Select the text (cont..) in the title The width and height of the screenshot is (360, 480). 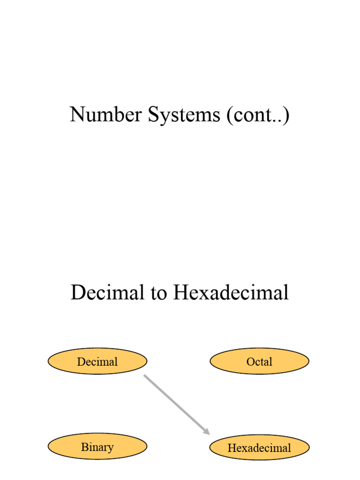pyautogui.click(x=257, y=115)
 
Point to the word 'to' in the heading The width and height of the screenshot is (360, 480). pyautogui.click(x=159, y=293)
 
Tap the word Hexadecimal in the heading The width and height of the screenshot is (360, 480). pyautogui.click(x=231, y=293)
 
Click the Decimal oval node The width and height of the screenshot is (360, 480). pyautogui.click(x=97, y=361)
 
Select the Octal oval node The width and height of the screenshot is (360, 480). pyautogui.click(x=259, y=361)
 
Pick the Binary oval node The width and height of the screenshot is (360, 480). pyautogui.click(x=97, y=447)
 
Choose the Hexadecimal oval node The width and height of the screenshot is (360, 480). pyautogui.click(x=259, y=448)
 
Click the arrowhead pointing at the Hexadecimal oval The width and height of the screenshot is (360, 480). pyautogui.click(x=206, y=430)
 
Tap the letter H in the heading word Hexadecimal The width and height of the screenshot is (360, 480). pyautogui.click(x=180, y=293)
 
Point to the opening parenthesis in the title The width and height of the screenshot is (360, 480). pyautogui.click(x=229, y=115)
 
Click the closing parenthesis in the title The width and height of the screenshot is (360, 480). pyautogui.click(x=286, y=115)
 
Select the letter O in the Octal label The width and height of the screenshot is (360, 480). pyautogui.click(x=250, y=361)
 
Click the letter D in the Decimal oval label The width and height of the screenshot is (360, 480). pyautogui.click(x=81, y=361)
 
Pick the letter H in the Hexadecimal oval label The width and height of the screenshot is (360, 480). pyautogui.click(x=231, y=448)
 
